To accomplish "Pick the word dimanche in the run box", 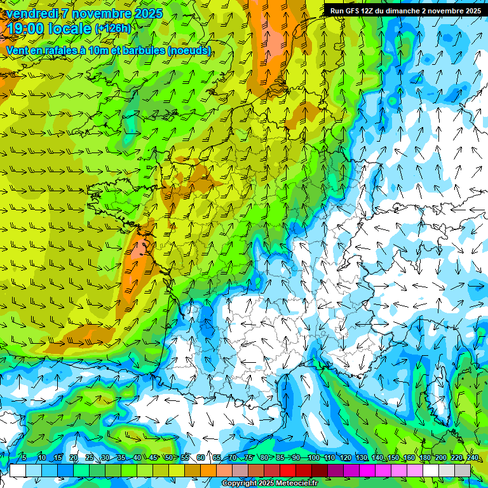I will click(x=395, y=10).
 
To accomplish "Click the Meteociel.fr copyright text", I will click(x=269, y=484).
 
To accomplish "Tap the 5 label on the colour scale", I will click(x=24, y=458).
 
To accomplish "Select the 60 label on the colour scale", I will click(x=201, y=458).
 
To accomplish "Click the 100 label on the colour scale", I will click(x=313, y=458).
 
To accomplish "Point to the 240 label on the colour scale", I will click(x=473, y=458).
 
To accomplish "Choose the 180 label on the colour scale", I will click(x=425, y=458).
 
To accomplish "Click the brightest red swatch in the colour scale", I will click(x=288, y=470).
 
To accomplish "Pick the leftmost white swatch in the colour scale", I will click(x=18, y=470).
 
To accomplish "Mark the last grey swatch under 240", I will click(x=463, y=470).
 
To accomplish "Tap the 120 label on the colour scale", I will click(x=345, y=458).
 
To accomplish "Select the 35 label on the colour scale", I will click(x=121, y=458).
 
